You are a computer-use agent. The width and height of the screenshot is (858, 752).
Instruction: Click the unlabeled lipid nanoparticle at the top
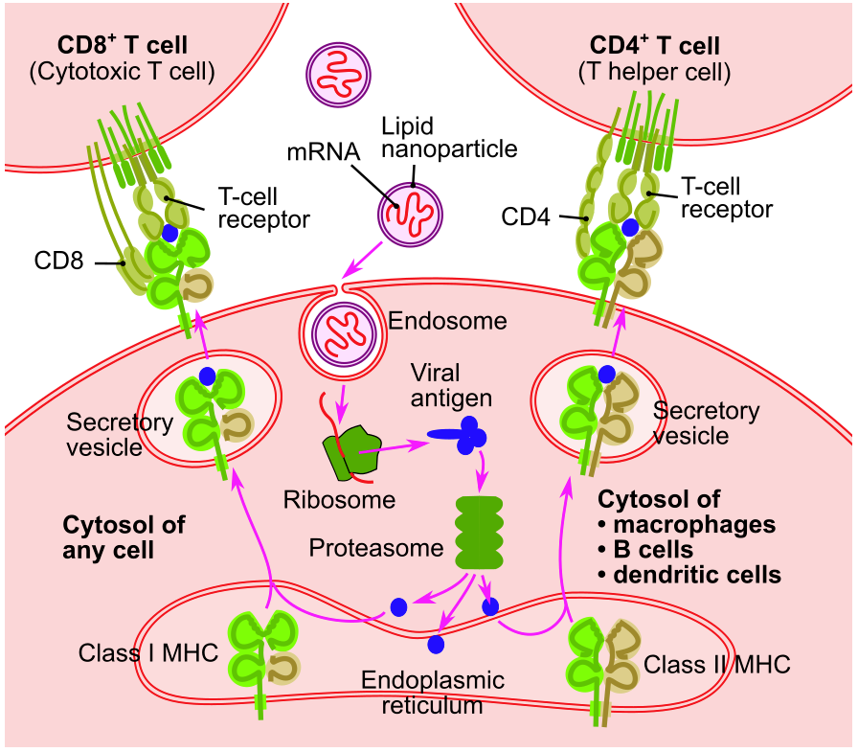pos(338,72)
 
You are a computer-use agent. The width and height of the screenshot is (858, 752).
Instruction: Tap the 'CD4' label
pos(526,218)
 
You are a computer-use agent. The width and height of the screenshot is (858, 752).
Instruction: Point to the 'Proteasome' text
pos(375,548)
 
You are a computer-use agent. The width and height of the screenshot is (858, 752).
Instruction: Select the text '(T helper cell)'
pos(656,71)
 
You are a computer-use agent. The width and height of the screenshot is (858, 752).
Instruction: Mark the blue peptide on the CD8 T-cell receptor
pos(170,233)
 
